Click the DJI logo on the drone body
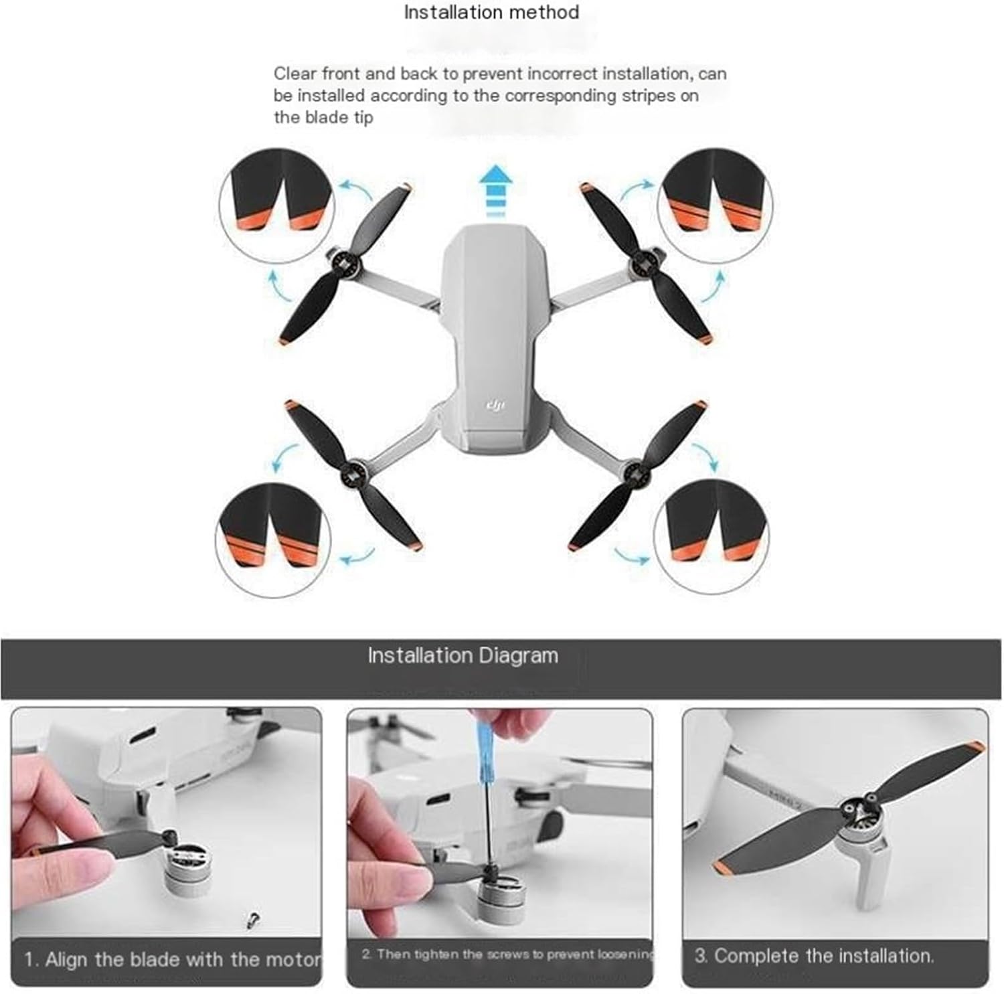click(x=495, y=406)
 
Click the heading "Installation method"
click(x=491, y=12)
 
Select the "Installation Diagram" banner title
click(x=463, y=655)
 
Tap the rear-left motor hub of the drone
click(x=353, y=472)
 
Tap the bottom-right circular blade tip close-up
click(x=711, y=537)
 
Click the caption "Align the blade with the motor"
click(x=182, y=959)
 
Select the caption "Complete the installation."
click(x=823, y=956)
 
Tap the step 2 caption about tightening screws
click(x=507, y=954)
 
